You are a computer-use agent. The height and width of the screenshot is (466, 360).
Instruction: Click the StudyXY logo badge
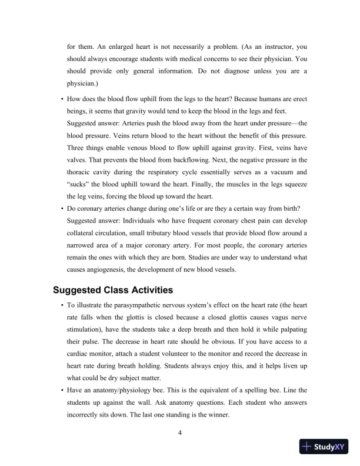pos(323,447)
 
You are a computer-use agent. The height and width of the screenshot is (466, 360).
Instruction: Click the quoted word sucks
pos(78,185)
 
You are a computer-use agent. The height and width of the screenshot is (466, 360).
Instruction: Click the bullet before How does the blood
pos(62,97)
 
